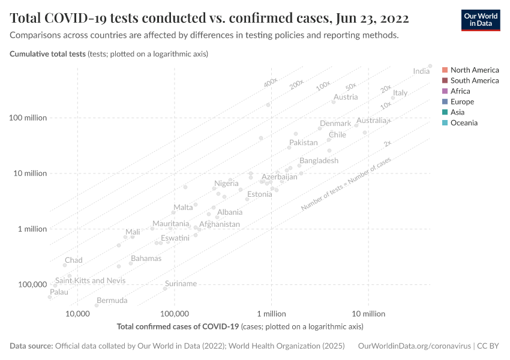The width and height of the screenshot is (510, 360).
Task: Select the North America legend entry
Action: (x=474, y=70)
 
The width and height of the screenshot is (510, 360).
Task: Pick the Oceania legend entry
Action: (x=464, y=123)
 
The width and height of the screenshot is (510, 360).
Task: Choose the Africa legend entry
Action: (x=460, y=91)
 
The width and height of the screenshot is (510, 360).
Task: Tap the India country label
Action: (x=421, y=71)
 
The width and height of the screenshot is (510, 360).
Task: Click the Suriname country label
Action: (x=181, y=284)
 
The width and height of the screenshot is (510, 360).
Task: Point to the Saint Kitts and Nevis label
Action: (x=90, y=281)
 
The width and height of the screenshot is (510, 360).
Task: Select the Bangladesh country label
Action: (x=319, y=161)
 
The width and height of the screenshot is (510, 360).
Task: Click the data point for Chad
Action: (x=65, y=265)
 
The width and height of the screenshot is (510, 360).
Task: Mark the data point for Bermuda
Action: (x=97, y=305)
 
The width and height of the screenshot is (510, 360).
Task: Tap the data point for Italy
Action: (x=393, y=98)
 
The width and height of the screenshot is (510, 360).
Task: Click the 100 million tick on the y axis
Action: (x=28, y=118)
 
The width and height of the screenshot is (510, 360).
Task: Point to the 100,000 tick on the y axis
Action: (x=32, y=284)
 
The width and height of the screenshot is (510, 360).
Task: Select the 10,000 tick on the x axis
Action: (x=77, y=314)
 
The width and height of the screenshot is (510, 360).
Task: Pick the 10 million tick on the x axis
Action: (x=368, y=314)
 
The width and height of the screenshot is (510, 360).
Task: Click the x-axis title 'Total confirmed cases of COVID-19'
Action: (x=178, y=327)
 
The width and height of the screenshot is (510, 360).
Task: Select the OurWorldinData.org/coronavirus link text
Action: (x=414, y=346)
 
